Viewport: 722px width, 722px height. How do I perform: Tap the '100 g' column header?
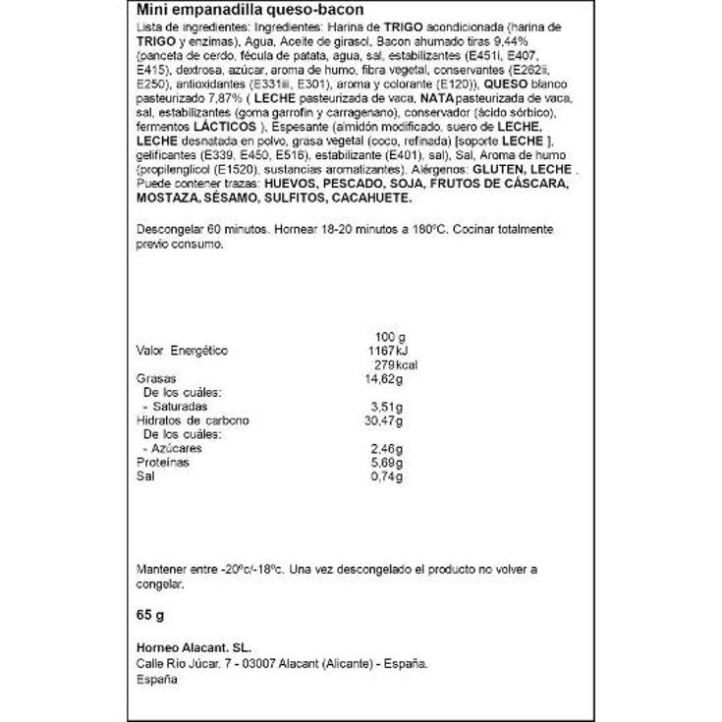[390, 336]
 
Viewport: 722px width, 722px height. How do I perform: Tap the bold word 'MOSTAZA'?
[164, 198]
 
